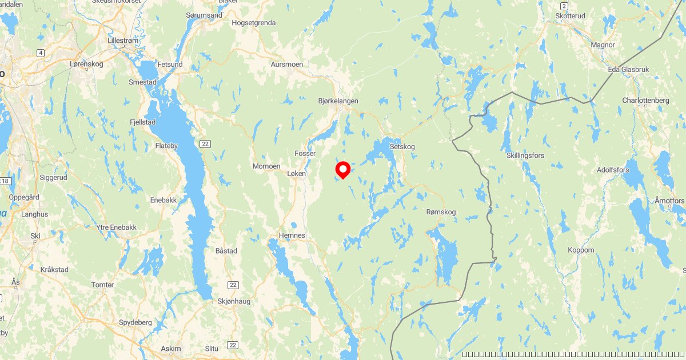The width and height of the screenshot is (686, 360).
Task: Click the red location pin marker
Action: point(342,169)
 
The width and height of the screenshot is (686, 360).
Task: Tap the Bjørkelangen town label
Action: point(338,101)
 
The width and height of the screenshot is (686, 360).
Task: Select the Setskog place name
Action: point(402,146)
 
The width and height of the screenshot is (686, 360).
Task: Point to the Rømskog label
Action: point(441,212)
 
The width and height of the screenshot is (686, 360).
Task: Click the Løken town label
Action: point(297,173)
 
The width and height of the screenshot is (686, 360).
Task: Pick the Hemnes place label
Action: point(292,235)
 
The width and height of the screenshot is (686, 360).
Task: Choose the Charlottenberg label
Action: point(645,101)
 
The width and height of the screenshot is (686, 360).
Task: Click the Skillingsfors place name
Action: point(525,155)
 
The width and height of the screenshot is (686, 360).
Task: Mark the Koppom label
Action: point(581,250)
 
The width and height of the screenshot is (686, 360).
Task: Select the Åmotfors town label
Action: point(669,201)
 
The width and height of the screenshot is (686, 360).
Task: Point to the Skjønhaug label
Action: point(234,301)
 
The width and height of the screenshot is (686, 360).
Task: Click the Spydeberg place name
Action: point(135,322)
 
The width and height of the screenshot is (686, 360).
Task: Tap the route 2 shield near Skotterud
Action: point(564,6)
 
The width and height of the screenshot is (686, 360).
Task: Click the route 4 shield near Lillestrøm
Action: point(40,53)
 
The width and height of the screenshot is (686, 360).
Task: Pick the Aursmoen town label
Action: point(287,65)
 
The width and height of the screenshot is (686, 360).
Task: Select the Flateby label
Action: point(168,146)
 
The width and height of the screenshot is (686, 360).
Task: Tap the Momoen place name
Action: point(266,166)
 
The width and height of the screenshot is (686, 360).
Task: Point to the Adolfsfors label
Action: point(613,170)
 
